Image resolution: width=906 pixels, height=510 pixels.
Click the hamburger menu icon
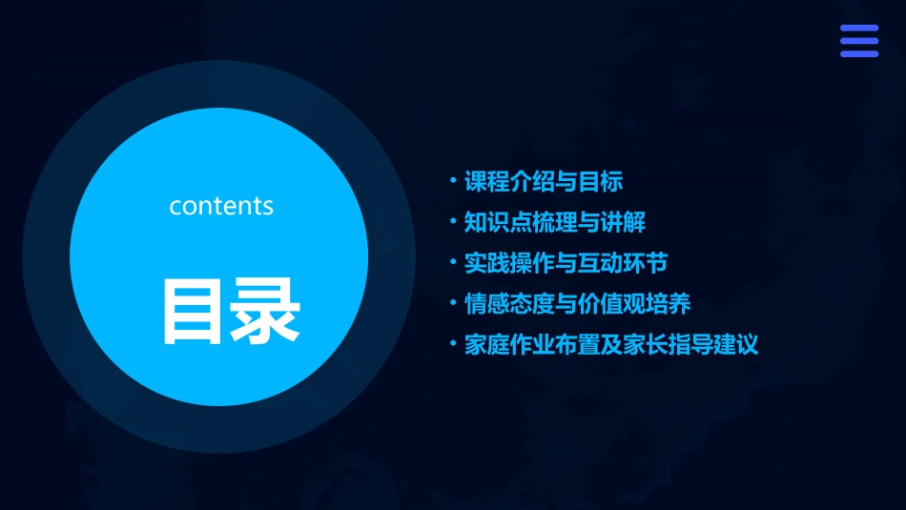(x=859, y=41)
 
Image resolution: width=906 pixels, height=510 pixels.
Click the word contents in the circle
(x=221, y=206)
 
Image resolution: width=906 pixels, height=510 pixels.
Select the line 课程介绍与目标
(x=544, y=181)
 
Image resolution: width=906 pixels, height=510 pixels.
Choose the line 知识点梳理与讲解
(x=555, y=222)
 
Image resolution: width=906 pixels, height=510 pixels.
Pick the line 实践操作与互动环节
(x=566, y=263)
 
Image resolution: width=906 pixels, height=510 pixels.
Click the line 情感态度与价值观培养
(x=577, y=304)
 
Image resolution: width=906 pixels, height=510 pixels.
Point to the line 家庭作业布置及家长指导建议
(x=611, y=345)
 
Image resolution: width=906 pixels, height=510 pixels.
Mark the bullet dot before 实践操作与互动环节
(x=453, y=262)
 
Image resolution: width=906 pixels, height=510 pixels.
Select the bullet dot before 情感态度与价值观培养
(x=453, y=303)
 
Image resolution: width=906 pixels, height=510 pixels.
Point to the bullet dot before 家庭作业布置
(x=453, y=344)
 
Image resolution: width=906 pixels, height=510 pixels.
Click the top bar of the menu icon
(x=859, y=28)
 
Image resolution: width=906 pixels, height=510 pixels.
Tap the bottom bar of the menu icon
(x=859, y=53)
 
